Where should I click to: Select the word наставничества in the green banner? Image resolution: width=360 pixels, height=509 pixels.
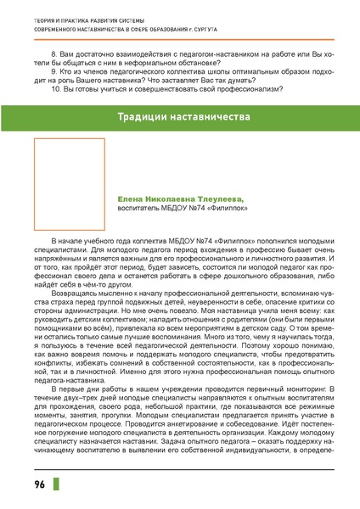tap(212, 115)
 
